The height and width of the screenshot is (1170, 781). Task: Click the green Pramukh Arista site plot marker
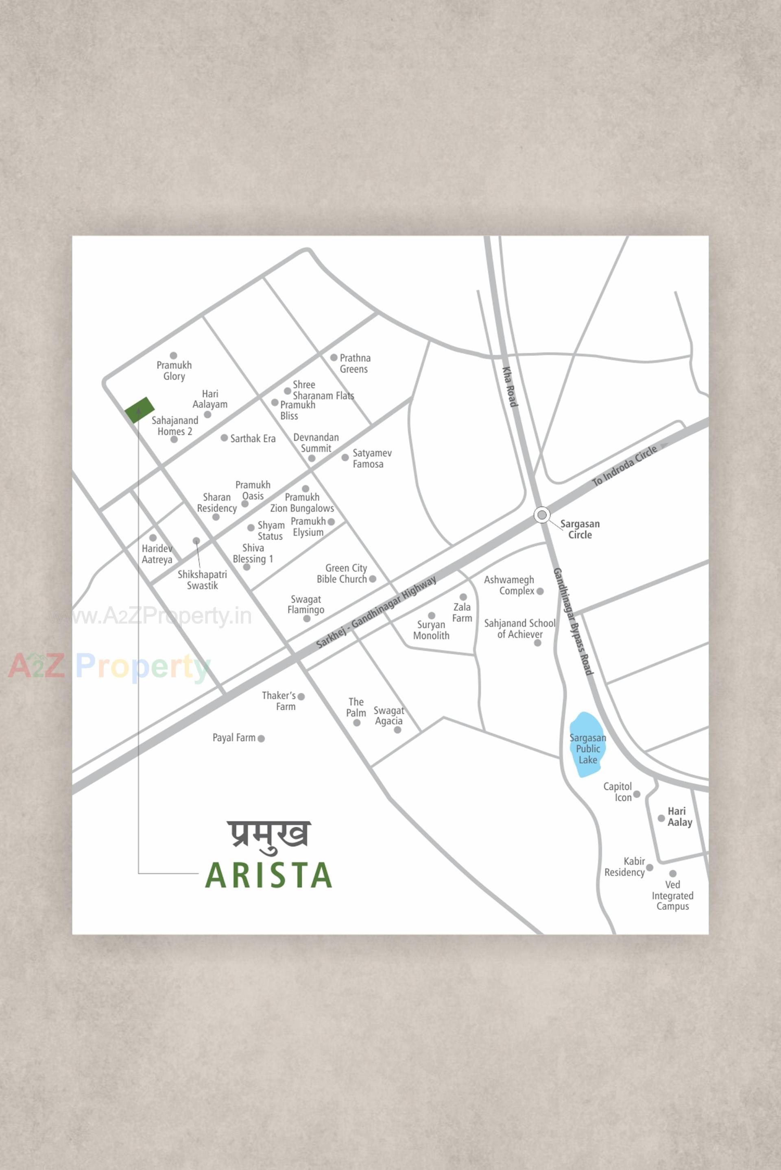(139, 410)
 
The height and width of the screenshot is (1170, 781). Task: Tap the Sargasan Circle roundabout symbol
(542, 514)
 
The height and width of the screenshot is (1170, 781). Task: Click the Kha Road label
(510, 387)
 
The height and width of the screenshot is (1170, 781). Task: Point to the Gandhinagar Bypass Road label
(574, 622)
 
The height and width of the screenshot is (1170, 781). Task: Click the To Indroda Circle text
(625, 465)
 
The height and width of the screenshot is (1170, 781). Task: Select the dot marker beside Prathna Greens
(334, 358)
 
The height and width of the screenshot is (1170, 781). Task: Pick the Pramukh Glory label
(174, 371)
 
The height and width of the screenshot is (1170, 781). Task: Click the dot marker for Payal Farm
(261, 738)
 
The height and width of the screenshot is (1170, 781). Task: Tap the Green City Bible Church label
(342, 573)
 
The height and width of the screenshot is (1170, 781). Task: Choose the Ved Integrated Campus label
(672, 895)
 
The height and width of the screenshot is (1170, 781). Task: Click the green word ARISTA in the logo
(268, 876)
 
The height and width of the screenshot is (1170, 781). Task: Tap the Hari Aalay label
(679, 817)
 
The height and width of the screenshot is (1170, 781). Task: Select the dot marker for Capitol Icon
(637, 794)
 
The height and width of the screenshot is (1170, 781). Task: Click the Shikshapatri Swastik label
(202, 580)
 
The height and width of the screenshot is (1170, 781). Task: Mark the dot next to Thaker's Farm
(301, 697)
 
